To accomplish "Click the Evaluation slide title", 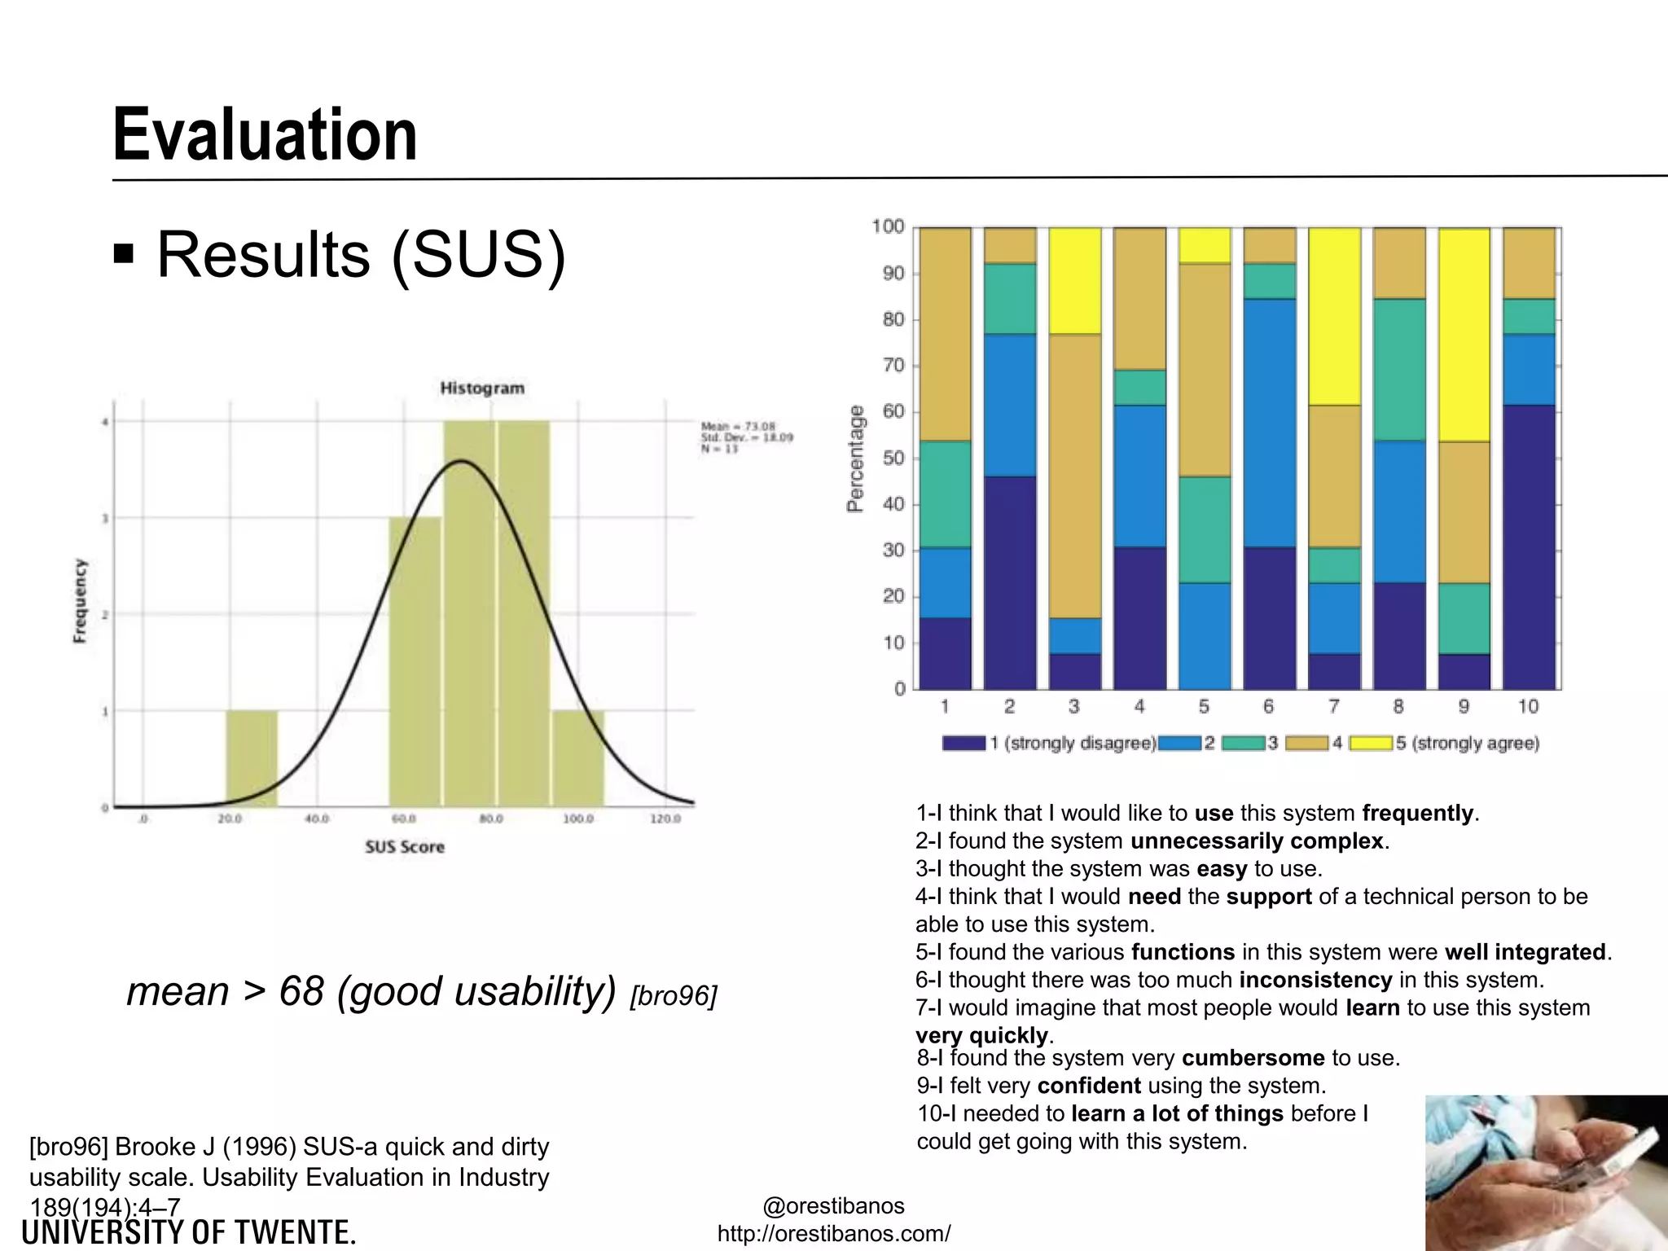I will pos(265,135).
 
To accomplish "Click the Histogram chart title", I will pos(482,388).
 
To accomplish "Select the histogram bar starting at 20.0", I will pos(252,758).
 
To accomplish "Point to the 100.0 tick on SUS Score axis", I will pos(577,819).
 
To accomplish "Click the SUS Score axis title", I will pos(405,847).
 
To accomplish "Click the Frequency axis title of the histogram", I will pos(80,600).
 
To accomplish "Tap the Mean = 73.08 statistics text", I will pos(738,426).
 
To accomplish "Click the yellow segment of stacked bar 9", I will pos(1464,335).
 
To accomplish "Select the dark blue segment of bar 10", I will pos(1528,546).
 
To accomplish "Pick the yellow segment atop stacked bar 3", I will pos(1074,280).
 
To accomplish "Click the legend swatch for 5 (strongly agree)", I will pos(1371,743).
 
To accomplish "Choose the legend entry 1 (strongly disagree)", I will pos(1073,743).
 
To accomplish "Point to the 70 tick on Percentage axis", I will pos(893,366).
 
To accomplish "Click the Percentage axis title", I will pos(855,458).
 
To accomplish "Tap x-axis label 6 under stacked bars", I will pos(1269,707).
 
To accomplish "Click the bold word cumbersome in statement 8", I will pos(1253,1058).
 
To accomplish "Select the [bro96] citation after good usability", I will pos(674,996).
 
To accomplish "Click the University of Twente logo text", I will pos(189,1233).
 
